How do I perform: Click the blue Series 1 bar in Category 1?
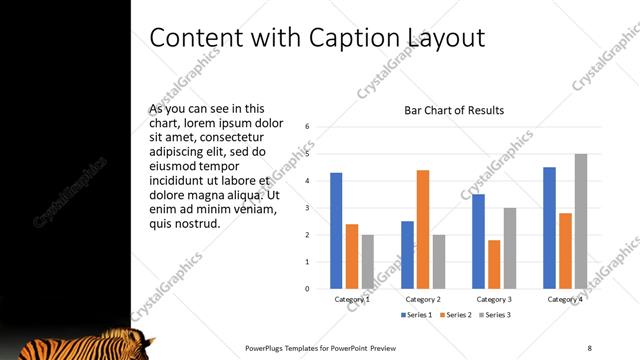[x=336, y=231]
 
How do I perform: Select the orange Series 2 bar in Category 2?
[x=422, y=229]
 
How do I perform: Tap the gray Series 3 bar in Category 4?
[x=580, y=221]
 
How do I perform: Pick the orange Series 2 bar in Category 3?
[x=494, y=264]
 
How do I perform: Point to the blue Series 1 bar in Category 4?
[x=550, y=228]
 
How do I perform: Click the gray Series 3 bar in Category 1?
[x=367, y=261]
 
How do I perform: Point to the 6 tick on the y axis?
[x=307, y=127]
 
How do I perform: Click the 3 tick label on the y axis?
[x=307, y=208]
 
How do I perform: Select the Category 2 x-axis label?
[x=423, y=299]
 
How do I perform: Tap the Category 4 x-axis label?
[x=566, y=299]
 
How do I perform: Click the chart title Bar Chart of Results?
[x=454, y=110]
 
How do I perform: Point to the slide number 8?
[x=589, y=348]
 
